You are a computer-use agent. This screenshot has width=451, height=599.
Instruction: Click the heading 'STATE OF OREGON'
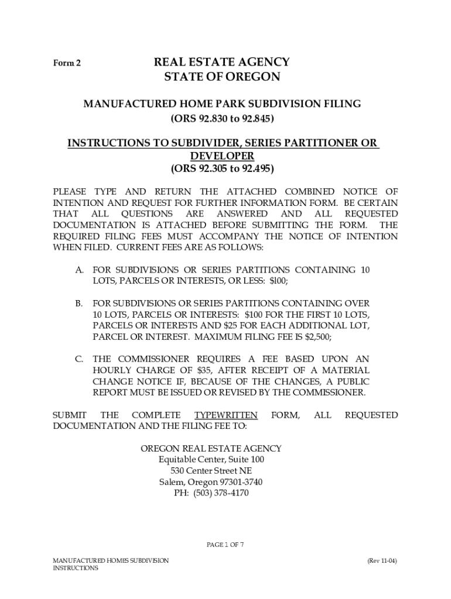click(x=222, y=77)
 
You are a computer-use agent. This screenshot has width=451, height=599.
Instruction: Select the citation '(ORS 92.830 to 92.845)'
click(x=222, y=119)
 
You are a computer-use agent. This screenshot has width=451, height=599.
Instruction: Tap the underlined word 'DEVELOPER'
click(x=222, y=156)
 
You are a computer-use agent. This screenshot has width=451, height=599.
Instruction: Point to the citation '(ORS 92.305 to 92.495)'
click(x=222, y=169)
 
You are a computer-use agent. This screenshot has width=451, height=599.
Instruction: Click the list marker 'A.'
click(x=78, y=270)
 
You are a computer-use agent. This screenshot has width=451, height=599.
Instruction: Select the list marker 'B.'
click(x=78, y=304)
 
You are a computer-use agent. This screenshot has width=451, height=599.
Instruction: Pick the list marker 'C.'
click(x=78, y=359)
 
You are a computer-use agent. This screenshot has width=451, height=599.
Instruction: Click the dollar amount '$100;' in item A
click(x=279, y=281)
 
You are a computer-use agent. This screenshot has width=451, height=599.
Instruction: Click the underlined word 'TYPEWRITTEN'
click(x=225, y=415)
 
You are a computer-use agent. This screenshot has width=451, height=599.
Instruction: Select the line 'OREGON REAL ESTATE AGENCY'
click(x=211, y=448)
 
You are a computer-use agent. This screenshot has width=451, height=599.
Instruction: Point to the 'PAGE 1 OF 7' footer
click(x=225, y=545)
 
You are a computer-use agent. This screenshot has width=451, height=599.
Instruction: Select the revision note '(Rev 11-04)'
click(x=382, y=560)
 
